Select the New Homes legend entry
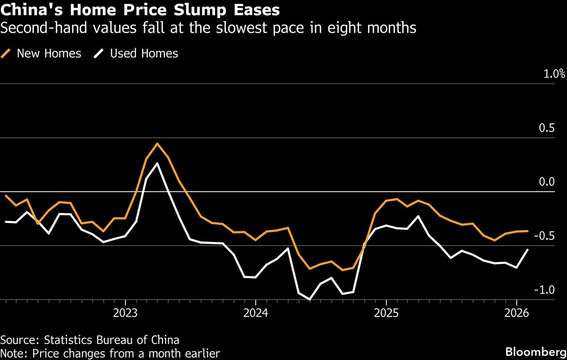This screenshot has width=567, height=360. (x=49, y=53)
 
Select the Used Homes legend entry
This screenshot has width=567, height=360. (x=144, y=53)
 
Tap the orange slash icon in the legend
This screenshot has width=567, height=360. (x=7, y=53)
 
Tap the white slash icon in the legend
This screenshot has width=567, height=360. (x=99, y=53)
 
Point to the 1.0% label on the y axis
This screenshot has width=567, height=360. (x=554, y=74)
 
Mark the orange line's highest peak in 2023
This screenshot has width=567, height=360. (x=157, y=143)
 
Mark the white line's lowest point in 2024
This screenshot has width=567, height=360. (x=310, y=299)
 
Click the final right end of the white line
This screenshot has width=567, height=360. (x=527, y=249)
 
